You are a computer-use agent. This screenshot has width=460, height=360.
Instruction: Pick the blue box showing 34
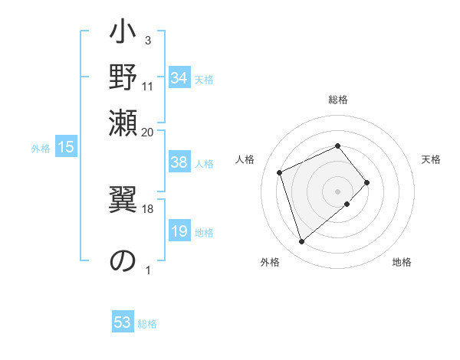[x=179, y=78]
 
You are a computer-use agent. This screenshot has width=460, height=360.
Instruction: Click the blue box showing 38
[x=179, y=163]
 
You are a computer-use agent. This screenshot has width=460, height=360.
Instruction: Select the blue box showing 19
[x=179, y=232]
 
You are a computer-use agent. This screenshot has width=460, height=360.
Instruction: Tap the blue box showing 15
[x=65, y=148]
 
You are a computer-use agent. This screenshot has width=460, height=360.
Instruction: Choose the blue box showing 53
[x=123, y=322]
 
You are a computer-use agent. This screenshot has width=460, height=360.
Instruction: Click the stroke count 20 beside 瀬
[x=148, y=131]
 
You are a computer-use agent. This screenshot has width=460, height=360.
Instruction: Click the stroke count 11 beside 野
[x=148, y=86]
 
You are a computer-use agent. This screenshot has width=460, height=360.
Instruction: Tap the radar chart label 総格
[x=337, y=100]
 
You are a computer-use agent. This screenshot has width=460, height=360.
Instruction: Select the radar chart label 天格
[x=431, y=159]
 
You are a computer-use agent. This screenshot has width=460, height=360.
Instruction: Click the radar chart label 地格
[x=402, y=263]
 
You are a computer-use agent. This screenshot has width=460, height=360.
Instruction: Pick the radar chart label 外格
[x=270, y=263]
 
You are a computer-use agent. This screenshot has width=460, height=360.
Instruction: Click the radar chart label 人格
[x=245, y=159]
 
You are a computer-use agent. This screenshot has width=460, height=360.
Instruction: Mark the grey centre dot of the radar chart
[x=337, y=190]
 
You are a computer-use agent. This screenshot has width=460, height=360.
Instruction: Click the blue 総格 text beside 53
[x=147, y=324]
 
